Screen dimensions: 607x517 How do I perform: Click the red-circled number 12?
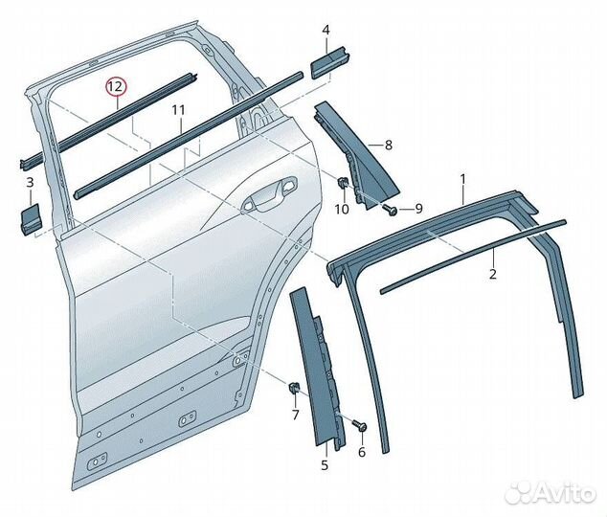pyautogui.click(x=117, y=86)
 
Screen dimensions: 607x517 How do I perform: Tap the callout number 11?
pyautogui.click(x=178, y=110)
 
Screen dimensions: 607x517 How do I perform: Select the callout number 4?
pyautogui.click(x=326, y=30)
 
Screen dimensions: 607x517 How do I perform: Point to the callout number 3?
pyautogui.click(x=31, y=182)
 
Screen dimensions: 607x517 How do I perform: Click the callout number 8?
pyautogui.click(x=389, y=146)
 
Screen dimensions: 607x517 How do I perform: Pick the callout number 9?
pyautogui.click(x=418, y=209)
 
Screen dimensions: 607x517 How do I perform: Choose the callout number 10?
pyautogui.click(x=342, y=210)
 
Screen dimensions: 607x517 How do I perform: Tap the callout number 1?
pyautogui.click(x=462, y=179)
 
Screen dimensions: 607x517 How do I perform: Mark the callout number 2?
pyautogui.click(x=492, y=274)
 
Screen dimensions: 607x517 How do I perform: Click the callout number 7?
pyautogui.click(x=296, y=415)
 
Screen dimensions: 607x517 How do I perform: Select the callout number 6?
pyautogui.click(x=362, y=452)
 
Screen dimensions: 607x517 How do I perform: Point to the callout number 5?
pyautogui.click(x=325, y=464)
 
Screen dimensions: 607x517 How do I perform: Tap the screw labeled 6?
pyautogui.click(x=360, y=424)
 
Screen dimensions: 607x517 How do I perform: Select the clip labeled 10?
pyautogui.click(x=342, y=182)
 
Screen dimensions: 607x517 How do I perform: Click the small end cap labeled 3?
pyautogui.click(x=30, y=218)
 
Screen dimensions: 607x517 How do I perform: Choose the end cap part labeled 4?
pyautogui.click(x=328, y=62)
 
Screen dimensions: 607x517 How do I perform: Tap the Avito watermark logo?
pyautogui.click(x=550, y=493)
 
